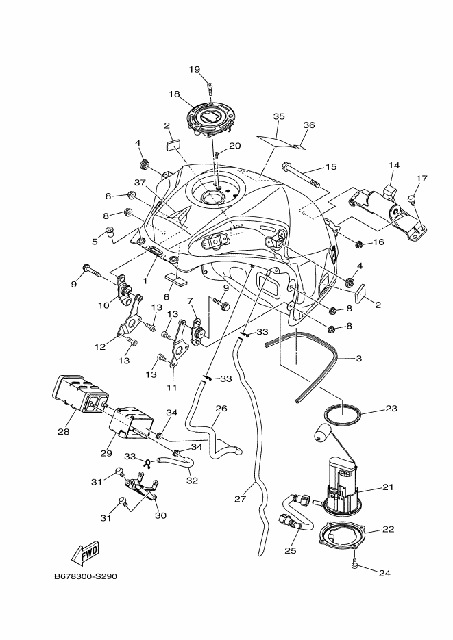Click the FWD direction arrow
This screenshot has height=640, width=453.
coord(86,554)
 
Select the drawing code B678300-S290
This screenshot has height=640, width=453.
coord(86,577)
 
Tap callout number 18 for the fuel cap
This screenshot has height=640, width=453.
coord(175,94)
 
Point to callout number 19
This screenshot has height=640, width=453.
coord(195,69)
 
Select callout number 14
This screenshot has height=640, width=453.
coord(394,166)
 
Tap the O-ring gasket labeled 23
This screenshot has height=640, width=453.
coord(342,415)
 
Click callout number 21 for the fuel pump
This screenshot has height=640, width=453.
coord(388,487)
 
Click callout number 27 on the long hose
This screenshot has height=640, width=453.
coord(240,499)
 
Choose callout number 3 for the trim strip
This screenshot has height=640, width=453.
coord(359,359)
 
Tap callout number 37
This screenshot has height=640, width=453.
coord(140,183)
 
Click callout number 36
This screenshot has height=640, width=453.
coord(309,125)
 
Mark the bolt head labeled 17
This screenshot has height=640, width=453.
coord(412,199)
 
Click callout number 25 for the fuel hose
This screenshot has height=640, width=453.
coord(290,550)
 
